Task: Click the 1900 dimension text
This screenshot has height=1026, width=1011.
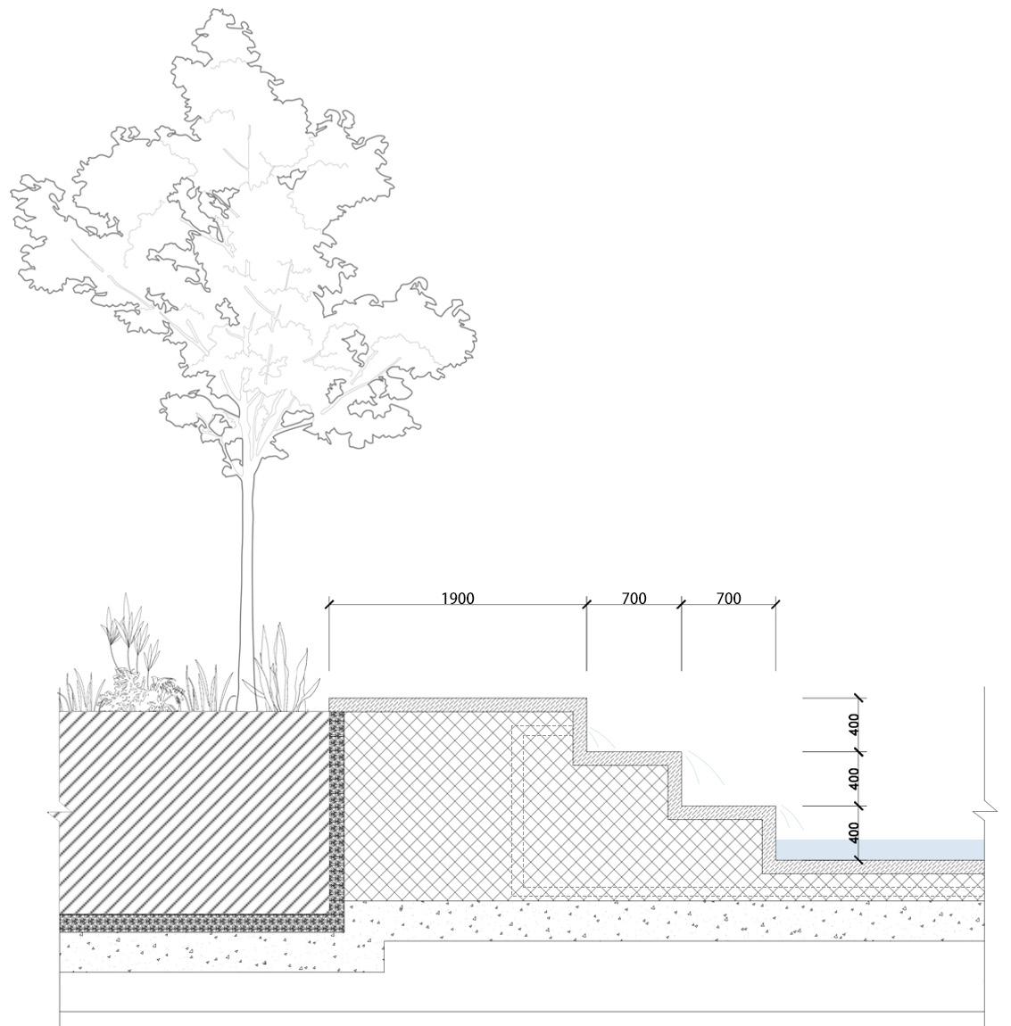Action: [x=457, y=599]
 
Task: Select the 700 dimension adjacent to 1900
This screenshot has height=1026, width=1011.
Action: [x=634, y=599]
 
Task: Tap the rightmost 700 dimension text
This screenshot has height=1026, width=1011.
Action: [x=728, y=599]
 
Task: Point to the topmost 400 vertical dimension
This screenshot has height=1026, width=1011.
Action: [x=854, y=724]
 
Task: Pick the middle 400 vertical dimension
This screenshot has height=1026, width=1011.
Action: [x=854, y=778]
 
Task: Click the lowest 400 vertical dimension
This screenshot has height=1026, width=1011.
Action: [x=854, y=832]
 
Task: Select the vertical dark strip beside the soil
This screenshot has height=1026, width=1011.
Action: [x=336, y=812]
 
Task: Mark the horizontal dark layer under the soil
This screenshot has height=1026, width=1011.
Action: [x=196, y=923]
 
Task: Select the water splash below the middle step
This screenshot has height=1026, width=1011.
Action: [x=700, y=767]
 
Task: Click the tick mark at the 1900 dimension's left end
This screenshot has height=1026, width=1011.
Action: [x=329, y=604]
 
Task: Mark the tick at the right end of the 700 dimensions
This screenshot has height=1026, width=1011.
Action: [x=775, y=604]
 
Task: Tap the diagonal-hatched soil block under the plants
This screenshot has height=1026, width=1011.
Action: [x=192, y=812]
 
